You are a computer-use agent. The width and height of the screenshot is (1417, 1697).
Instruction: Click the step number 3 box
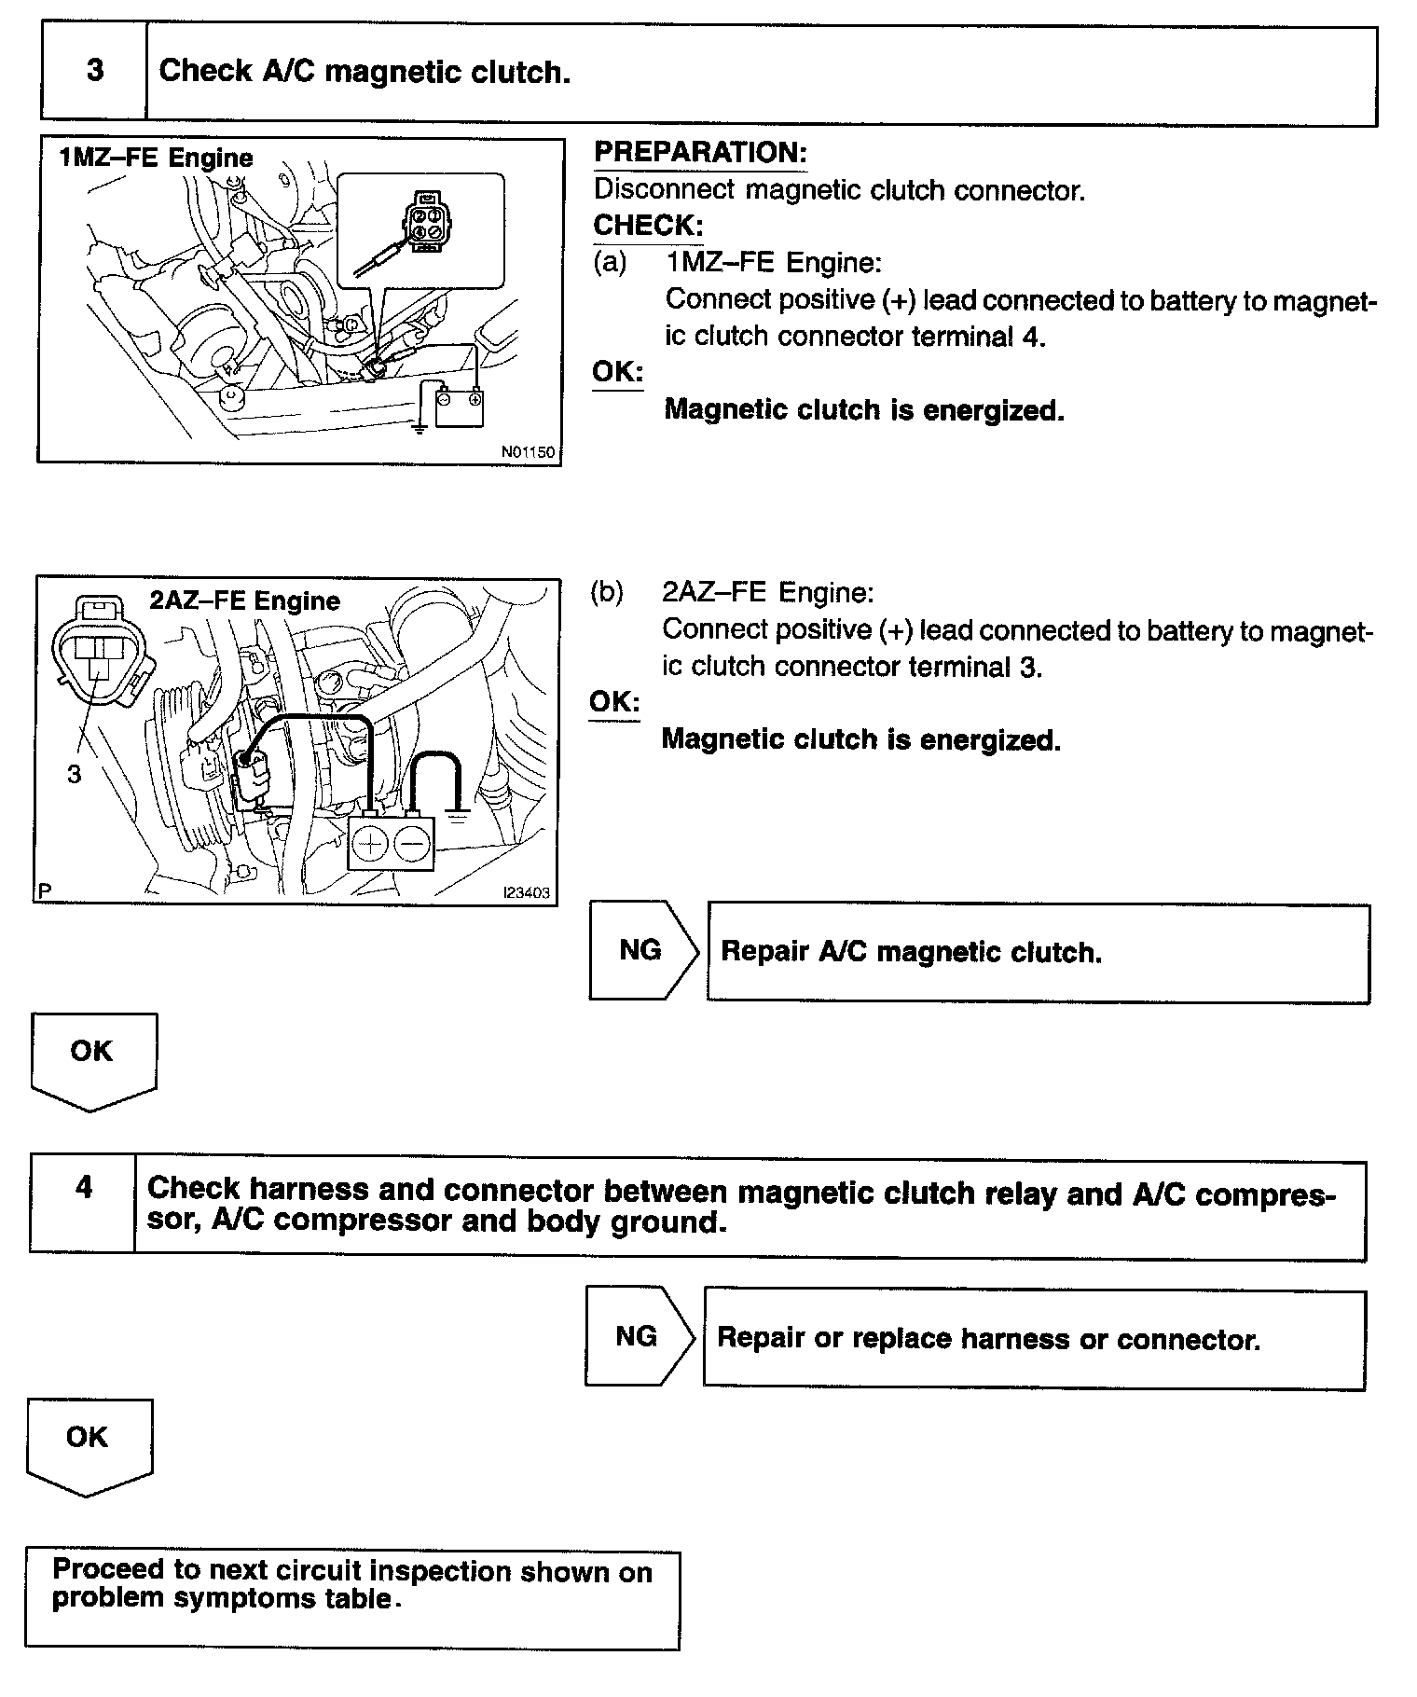[x=94, y=72]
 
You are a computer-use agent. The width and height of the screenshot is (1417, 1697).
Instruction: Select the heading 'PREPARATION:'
[x=700, y=152]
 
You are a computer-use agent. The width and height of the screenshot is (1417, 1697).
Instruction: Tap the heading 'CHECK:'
[x=648, y=226]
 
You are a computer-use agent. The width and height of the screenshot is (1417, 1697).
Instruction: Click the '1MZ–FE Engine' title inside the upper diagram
[x=156, y=158]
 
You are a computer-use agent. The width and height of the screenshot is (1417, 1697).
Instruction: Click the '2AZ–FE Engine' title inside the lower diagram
[x=244, y=600]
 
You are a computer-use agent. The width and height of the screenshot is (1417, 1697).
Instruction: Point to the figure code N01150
[x=528, y=452]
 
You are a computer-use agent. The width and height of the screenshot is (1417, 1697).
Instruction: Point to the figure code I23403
[x=527, y=892]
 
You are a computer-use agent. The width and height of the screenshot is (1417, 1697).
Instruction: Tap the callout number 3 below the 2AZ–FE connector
[x=74, y=773]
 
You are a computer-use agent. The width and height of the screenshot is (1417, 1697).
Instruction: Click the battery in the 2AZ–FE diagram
[x=391, y=844]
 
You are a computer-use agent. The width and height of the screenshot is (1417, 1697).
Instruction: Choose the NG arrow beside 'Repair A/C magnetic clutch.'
[x=642, y=950]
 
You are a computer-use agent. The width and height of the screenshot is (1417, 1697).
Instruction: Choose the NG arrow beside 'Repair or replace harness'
[x=639, y=1336]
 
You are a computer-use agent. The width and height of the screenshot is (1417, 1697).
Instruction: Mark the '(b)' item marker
[x=607, y=593]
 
